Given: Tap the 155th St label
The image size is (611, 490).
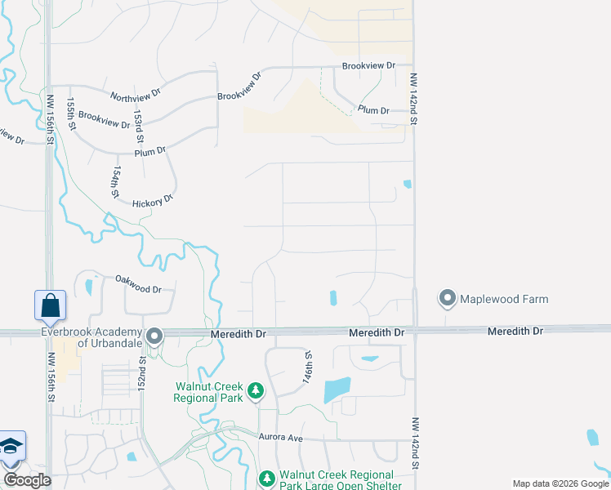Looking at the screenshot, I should click(72, 115).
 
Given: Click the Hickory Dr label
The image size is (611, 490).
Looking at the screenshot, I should click(152, 198).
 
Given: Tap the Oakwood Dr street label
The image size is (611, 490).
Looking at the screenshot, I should click(138, 288).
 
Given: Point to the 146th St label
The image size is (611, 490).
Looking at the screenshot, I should click(308, 368).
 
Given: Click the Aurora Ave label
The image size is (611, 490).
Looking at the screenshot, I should click(281, 439).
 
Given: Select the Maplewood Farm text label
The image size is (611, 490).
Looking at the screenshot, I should click(504, 299).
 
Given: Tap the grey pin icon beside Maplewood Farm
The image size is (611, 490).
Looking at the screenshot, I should click(447, 299).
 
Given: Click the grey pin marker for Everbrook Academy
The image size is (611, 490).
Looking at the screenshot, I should click(153, 336).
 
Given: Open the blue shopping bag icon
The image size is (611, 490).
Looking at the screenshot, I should click(50, 305).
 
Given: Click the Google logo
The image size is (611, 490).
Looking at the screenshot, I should click(27, 480).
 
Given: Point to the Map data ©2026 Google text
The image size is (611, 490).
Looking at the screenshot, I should click(560, 483).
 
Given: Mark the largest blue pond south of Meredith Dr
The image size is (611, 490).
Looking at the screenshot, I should click(337, 390).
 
